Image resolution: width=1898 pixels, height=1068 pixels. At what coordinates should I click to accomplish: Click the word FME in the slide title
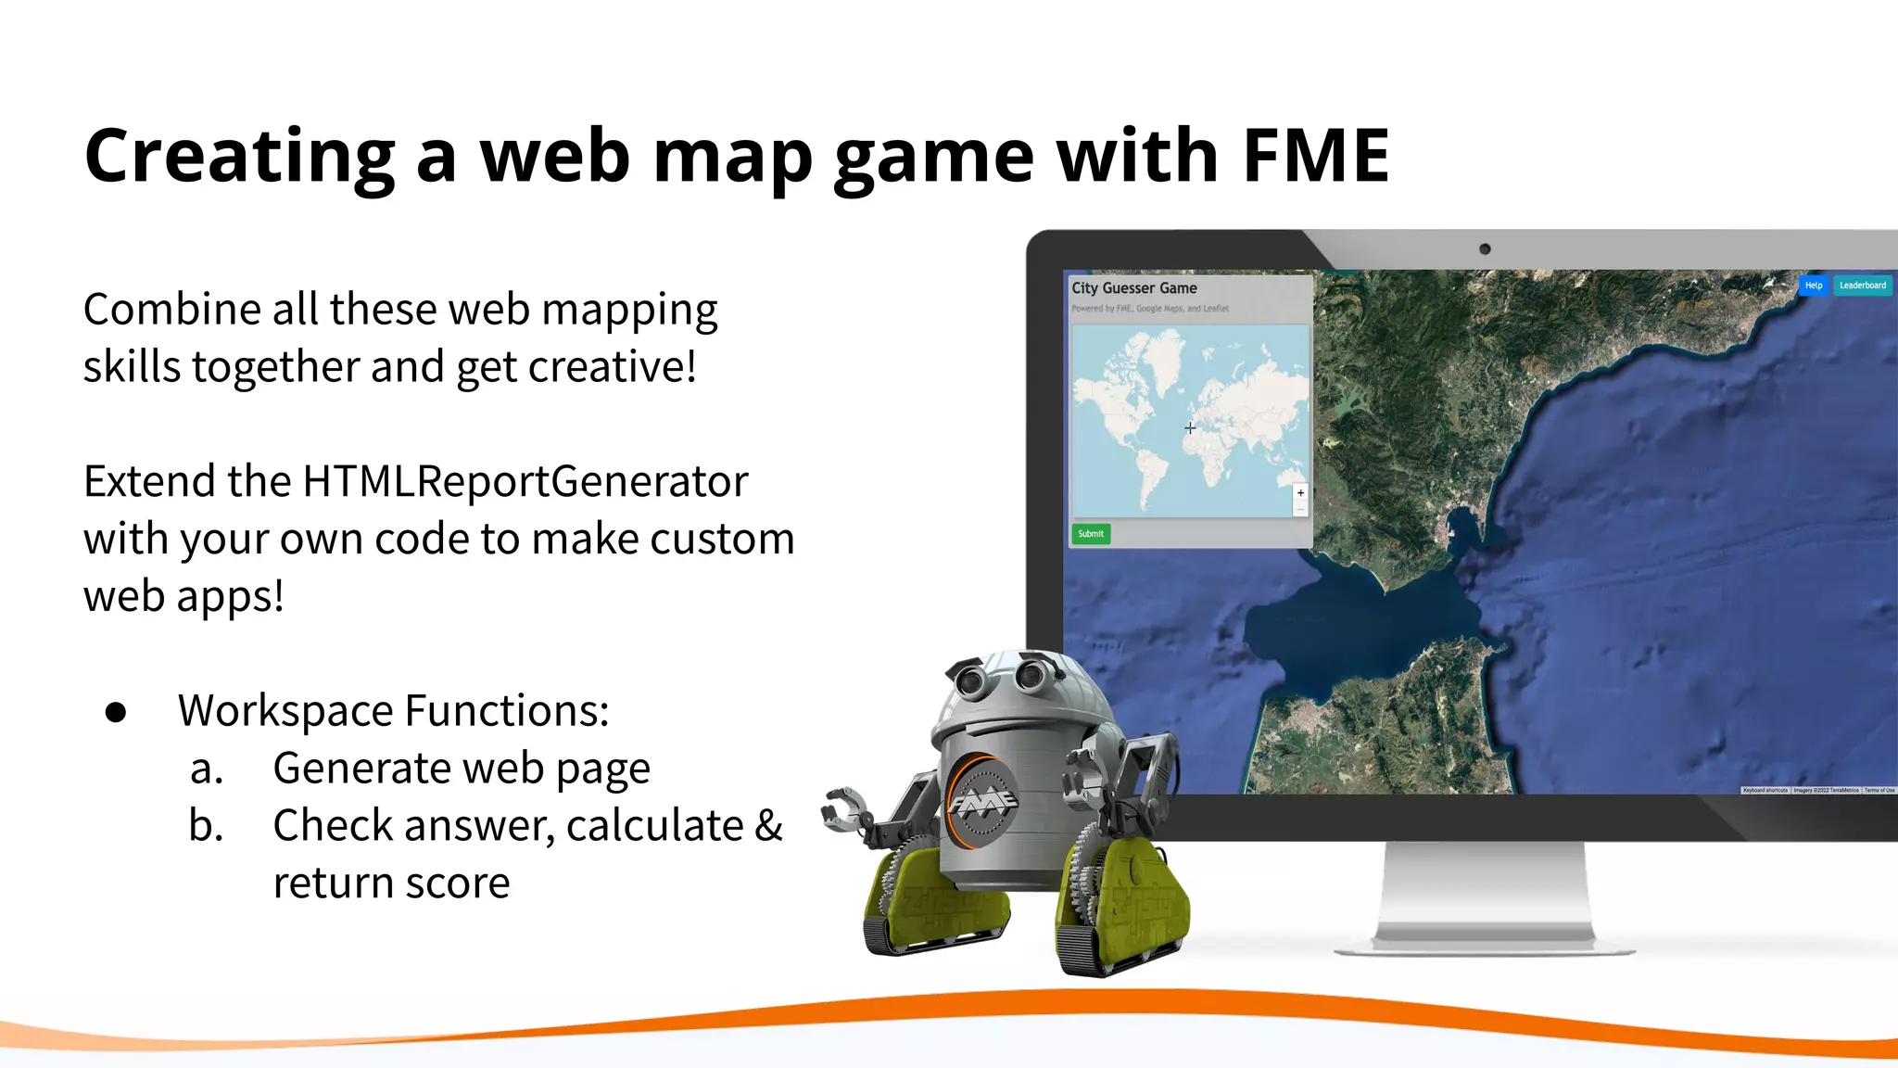tap(1315, 156)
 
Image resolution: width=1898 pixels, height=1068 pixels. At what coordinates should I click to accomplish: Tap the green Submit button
tap(1091, 534)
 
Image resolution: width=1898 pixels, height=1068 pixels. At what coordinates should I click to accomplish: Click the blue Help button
tap(1813, 286)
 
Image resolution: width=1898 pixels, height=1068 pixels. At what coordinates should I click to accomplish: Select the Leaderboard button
tap(1862, 286)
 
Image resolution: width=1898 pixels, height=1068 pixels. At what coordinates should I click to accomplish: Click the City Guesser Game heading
tap(1134, 288)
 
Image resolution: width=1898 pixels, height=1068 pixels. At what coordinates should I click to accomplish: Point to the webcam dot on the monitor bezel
tap(1485, 248)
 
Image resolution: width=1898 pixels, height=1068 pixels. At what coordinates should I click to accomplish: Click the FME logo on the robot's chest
tap(981, 801)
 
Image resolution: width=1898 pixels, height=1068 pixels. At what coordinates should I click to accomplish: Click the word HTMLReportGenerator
tap(525, 482)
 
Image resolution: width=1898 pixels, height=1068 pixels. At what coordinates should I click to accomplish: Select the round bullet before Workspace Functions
tap(116, 712)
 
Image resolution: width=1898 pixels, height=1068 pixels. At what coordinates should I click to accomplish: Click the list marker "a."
tap(207, 769)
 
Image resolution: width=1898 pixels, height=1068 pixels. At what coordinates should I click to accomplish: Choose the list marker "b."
tap(206, 825)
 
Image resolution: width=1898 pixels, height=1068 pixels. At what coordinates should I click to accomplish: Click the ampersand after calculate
tap(768, 825)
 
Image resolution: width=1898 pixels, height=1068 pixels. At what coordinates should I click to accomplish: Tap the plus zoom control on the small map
tap(1300, 493)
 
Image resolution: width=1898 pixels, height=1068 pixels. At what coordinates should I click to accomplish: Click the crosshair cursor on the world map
tap(1190, 427)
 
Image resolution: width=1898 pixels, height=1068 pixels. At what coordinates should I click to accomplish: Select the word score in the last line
tap(457, 884)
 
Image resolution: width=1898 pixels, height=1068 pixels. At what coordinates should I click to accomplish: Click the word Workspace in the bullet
tap(285, 712)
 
